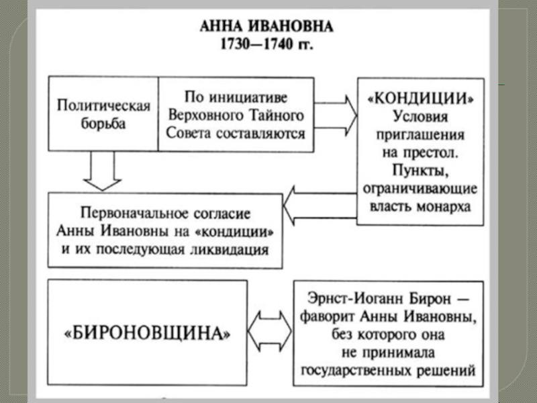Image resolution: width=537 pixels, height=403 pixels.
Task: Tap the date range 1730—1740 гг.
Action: point(267,48)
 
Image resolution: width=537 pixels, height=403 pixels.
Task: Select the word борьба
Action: point(82,124)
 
